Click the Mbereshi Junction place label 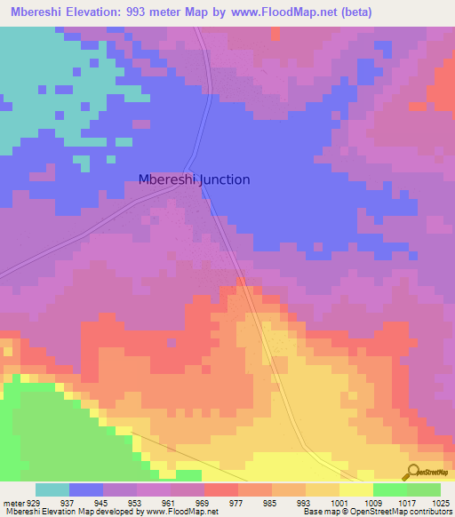point(194,179)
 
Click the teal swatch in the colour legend point(52,489)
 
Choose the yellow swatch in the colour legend point(356,489)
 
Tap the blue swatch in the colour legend point(86,489)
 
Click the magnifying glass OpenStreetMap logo point(413,472)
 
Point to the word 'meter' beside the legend point(13,502)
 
